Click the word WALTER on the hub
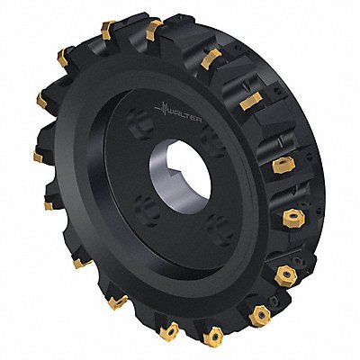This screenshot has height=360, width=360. click(185, 116)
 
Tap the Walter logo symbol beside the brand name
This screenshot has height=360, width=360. click(162, 108)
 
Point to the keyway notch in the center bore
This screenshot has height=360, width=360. click(174, 174)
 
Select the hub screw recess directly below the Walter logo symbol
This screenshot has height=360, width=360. click(141, 123)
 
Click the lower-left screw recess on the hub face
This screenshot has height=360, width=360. click(147, 209)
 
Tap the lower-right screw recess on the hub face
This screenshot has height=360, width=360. click(220, 228)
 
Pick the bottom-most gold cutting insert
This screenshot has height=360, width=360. click(213, 337)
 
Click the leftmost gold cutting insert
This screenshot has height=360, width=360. click(38, 157)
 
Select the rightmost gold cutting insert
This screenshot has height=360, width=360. click(293, 217)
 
